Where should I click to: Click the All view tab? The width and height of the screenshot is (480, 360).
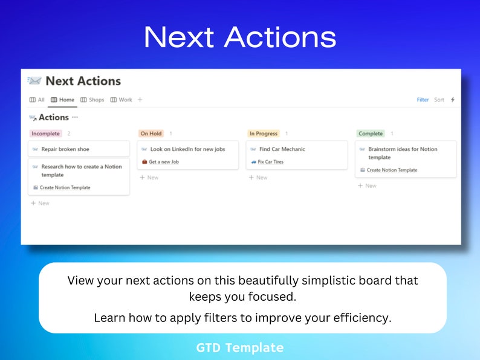[37, 100]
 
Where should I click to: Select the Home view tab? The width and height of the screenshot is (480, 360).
[63, 100]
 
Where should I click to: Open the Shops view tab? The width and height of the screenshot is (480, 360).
[92, 100]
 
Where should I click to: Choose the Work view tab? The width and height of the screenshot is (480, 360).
[122, 100]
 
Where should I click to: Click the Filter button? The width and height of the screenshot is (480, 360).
[423, 100]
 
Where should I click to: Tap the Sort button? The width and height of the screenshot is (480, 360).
[439, 100]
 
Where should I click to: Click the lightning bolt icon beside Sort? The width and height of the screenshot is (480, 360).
[453, 100]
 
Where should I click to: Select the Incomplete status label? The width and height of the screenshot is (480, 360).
[45, 133]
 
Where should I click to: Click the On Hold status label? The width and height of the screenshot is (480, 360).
[151, 133]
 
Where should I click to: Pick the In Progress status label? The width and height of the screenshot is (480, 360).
[263, 133]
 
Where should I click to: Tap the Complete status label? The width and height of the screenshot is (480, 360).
[371, 133]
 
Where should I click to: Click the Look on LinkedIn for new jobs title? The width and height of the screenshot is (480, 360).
[187, 149]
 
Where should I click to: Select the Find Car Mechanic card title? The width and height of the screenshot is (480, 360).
[282, 149]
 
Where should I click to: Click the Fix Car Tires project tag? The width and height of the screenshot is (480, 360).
[270, 162]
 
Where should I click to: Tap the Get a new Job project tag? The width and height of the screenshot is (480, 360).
[163, 162]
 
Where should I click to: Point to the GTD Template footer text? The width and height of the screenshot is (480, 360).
[239, 347]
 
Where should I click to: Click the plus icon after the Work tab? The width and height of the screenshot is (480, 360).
[140, 100]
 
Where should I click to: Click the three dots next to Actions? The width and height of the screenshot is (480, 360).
[75, 117]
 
